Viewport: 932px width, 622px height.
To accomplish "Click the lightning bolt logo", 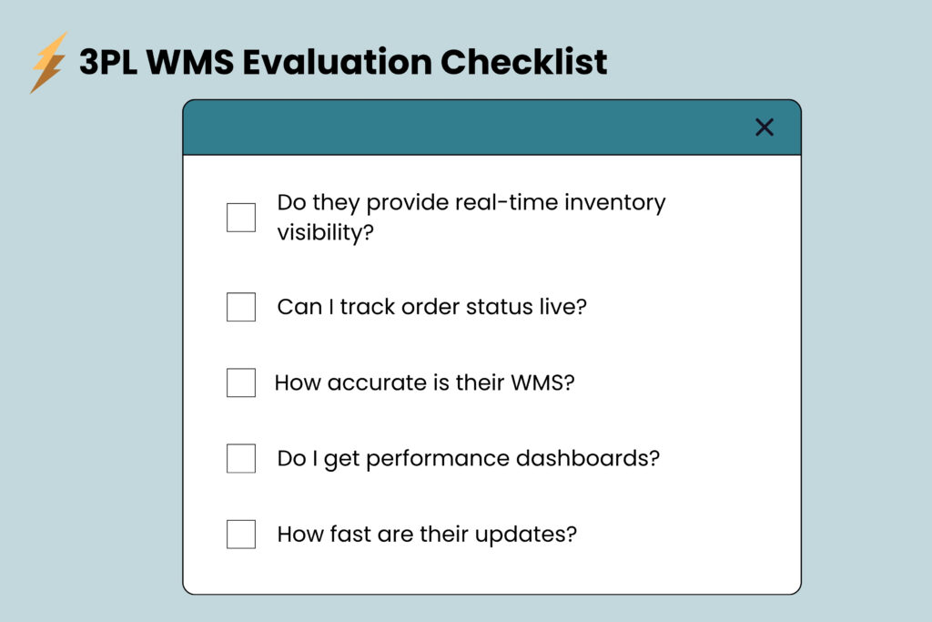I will click(x=48, y=63).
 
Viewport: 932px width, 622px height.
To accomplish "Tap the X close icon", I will click(x=765, y=127).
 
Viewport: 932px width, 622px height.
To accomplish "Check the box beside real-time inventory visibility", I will click(x=241, y=218).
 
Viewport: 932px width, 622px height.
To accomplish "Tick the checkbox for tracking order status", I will click(x=241, y=307).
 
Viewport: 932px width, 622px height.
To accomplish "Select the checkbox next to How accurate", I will click(x=241, y=382).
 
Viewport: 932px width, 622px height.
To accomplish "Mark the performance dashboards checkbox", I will click(x=241, y=458).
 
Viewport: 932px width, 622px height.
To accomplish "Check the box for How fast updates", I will click(x=241, y=534).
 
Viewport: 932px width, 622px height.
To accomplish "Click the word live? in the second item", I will click(x=564, y=307).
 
